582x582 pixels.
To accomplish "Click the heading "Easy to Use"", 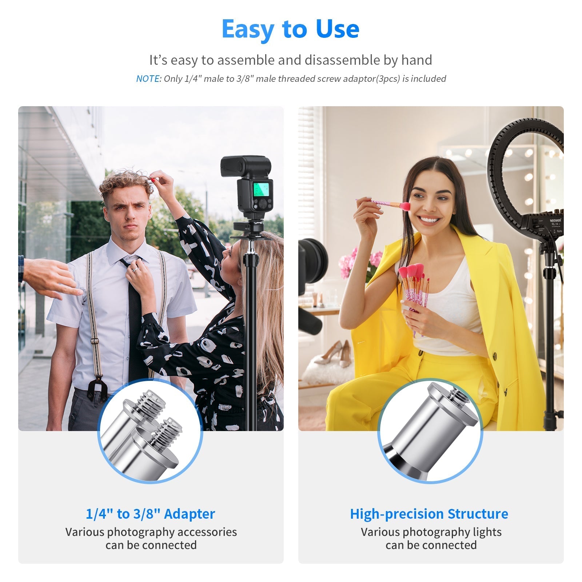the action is (x=290, y=29).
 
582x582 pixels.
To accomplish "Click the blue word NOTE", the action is (x=148, y=79).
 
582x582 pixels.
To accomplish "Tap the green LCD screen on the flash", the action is (x=261, y=190).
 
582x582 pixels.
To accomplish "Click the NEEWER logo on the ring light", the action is (x=555, y=220).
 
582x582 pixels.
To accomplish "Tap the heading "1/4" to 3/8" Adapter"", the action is (x=150, y=514).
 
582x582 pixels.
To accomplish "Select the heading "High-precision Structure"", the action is (x=429, y=514).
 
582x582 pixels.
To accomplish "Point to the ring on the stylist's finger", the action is (x=134, y=270).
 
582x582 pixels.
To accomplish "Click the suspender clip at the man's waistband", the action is (x=97, y=388).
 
